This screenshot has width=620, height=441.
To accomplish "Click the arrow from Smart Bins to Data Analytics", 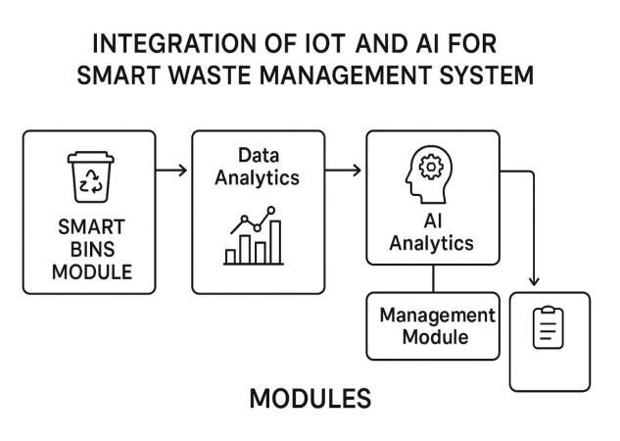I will (172, 171).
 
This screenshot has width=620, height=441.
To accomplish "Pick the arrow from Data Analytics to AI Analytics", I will (343, 171).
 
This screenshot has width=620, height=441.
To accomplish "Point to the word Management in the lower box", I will (437, 317).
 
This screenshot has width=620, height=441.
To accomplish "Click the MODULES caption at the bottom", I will (310, 399).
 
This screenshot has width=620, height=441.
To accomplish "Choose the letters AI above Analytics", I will (432, 220).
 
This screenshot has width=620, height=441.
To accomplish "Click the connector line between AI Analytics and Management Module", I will (432, 279).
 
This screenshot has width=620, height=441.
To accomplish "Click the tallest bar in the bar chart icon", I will (275, 241).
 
